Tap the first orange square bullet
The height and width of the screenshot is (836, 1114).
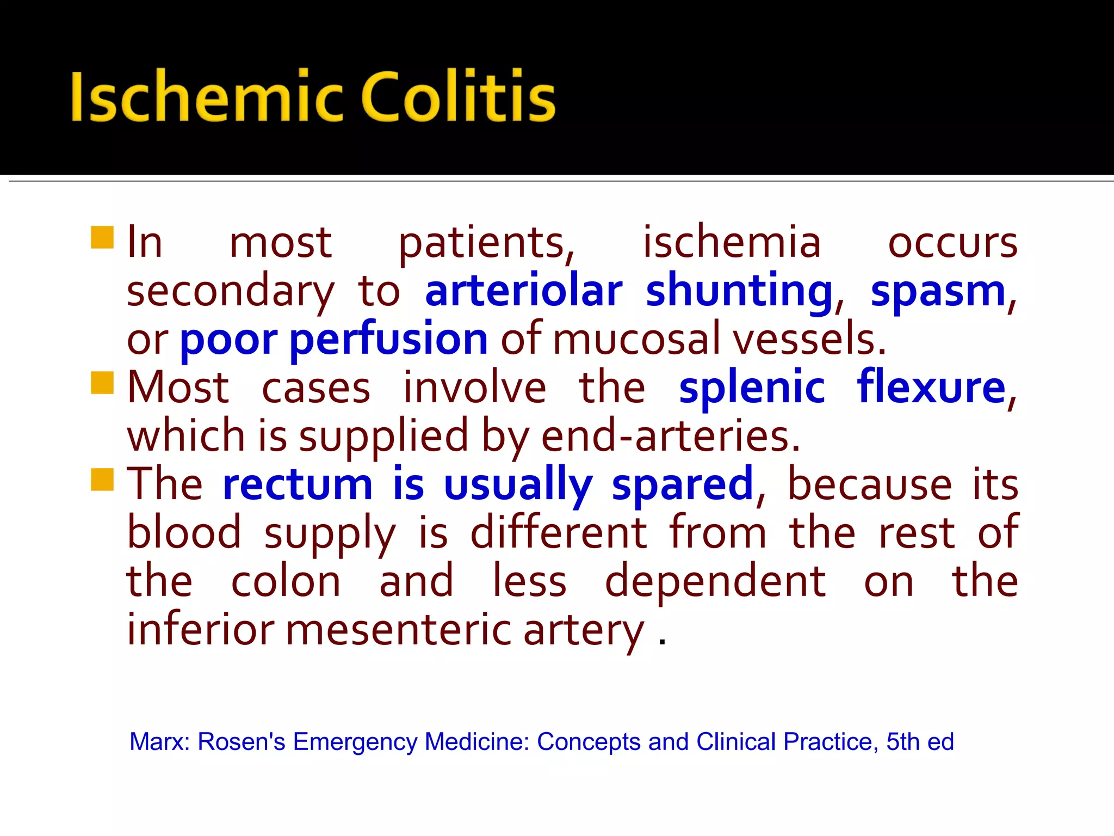pyautogui.click(x=102, y=237)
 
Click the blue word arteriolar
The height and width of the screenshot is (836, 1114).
pyautogui.click(x=523, y=291)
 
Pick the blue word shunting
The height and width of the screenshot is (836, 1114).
pyautogui.click(x=739, y=291)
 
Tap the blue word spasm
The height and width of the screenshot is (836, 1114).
pyautogui.click(x=938, y=291)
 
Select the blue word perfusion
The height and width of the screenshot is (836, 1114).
pyautogui.click(x=388, y=340)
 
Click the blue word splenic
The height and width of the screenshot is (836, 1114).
pyautogui.click(x=752, y=388)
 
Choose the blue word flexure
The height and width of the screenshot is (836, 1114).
pyautogui.click(x=931, y=388)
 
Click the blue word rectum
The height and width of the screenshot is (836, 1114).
pyautogui.click(x=298, y=484)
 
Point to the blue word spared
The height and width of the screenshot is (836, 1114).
pyautogui.click(x=683, y=484)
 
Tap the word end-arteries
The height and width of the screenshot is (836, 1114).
pyautogui.click(x=670, y=437)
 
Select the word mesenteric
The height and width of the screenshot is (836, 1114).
pyautogui.click(x=398, y=630)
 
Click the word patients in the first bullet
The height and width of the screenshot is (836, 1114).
pyautogui.click(x=486, y=243)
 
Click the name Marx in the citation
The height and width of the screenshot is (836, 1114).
pyautogui.click(x=158, y=742)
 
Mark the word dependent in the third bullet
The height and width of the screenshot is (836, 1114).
pyautogui.click(x=715, y=581)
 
